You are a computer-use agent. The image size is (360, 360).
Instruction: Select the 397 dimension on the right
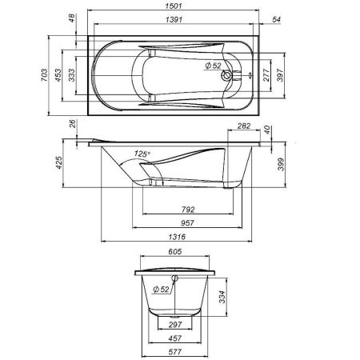[x=279, y=76]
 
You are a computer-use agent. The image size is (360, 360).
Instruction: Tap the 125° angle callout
[x=143, y=154]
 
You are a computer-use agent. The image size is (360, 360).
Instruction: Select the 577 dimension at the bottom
[x=178, y=350]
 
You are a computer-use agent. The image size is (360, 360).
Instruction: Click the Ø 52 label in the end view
[x=159, y=289]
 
